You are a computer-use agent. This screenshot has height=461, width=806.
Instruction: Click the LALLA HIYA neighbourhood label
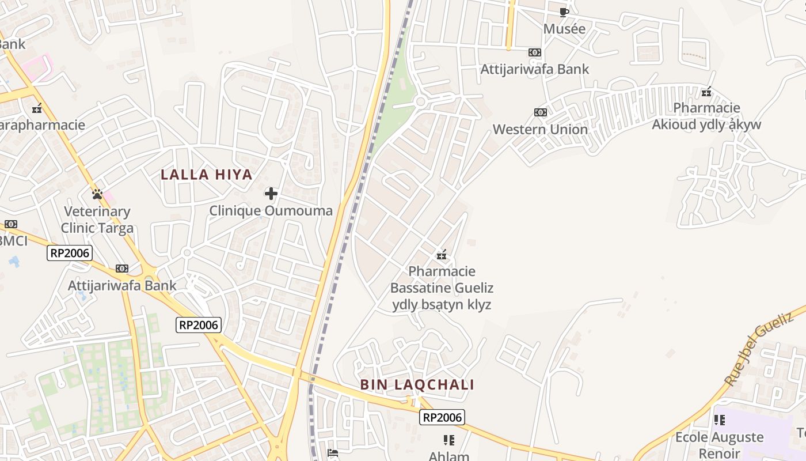207,175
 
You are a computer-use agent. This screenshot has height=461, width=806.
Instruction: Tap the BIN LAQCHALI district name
417,385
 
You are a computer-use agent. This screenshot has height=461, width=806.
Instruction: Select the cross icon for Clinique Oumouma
271,194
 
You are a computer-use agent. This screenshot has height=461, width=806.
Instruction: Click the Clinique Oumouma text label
271,211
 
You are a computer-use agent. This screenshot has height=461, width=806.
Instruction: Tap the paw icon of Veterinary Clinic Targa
97,194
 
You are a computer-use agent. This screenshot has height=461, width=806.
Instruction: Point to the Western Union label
540,129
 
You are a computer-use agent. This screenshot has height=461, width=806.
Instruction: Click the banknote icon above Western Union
540,112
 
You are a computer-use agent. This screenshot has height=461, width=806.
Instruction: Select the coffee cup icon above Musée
564,12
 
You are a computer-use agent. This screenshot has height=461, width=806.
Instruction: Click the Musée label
564,29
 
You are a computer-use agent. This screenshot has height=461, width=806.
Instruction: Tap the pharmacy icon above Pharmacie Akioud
706,92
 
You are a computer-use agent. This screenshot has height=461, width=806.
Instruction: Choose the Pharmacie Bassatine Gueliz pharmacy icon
442,254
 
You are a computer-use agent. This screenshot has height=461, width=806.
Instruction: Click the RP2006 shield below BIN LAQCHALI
442,417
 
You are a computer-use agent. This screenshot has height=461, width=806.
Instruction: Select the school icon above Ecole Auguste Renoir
719,420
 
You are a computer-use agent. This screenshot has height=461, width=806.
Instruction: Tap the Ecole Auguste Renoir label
719,445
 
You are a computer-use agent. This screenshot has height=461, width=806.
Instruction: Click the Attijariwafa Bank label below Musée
535,69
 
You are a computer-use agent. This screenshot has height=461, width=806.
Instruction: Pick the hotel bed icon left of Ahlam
333,452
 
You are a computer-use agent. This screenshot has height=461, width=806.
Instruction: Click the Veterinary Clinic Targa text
97,220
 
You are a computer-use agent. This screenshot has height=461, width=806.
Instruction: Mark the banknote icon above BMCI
10,224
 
